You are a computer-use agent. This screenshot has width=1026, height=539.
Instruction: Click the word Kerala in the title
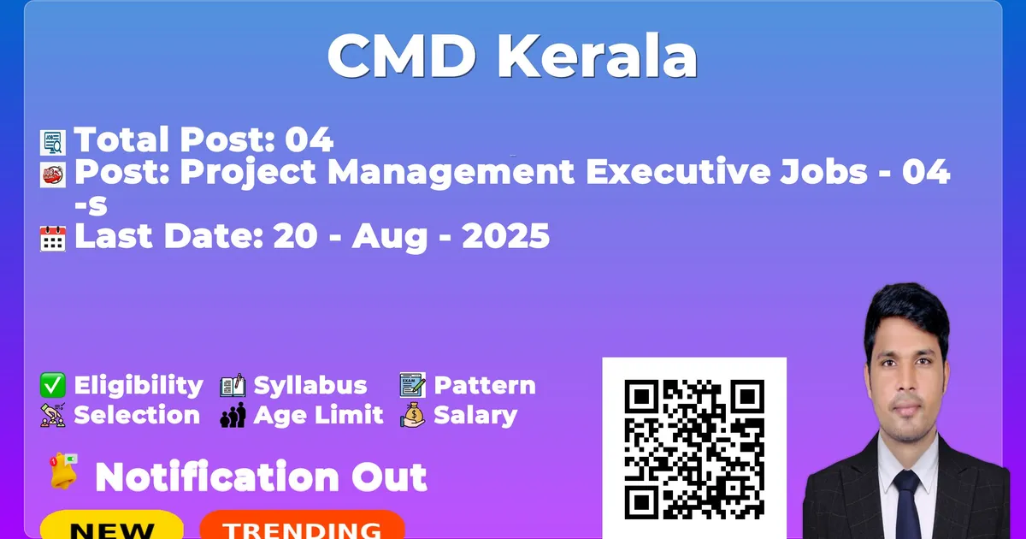coord(598,56)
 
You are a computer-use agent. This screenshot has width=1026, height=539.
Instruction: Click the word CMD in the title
coord(402,56)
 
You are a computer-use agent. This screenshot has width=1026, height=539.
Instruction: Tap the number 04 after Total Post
coord(310,139)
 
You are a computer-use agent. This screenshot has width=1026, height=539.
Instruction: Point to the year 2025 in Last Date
coord(505,236)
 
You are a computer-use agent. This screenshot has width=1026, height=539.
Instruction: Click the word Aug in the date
coord(389,238)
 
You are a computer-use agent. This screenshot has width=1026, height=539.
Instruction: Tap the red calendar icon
coord(53,239)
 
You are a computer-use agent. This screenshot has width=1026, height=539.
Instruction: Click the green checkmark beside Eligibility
coord(53,385)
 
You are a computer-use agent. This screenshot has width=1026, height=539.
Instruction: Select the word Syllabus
coord(310,386)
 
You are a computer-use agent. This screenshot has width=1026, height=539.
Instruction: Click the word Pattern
coord(485,385)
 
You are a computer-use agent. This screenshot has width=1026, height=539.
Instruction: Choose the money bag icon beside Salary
coord(413,415)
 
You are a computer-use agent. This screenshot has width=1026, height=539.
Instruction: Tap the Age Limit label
coord(318,416)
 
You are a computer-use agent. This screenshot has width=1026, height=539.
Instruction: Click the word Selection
coord(137,415)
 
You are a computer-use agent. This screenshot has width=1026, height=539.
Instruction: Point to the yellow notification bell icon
coord(63,471)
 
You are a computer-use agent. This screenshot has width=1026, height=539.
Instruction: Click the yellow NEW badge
coord(112,526)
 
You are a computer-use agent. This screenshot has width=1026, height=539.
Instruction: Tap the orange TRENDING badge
coord(303,526)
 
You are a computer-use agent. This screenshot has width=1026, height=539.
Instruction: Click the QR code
coord(694,449)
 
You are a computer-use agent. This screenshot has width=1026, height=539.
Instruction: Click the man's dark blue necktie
coord(908,505)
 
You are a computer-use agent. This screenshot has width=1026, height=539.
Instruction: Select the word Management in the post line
coord(451,173)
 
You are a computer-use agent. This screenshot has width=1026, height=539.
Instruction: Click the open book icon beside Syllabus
coord(233,385)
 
